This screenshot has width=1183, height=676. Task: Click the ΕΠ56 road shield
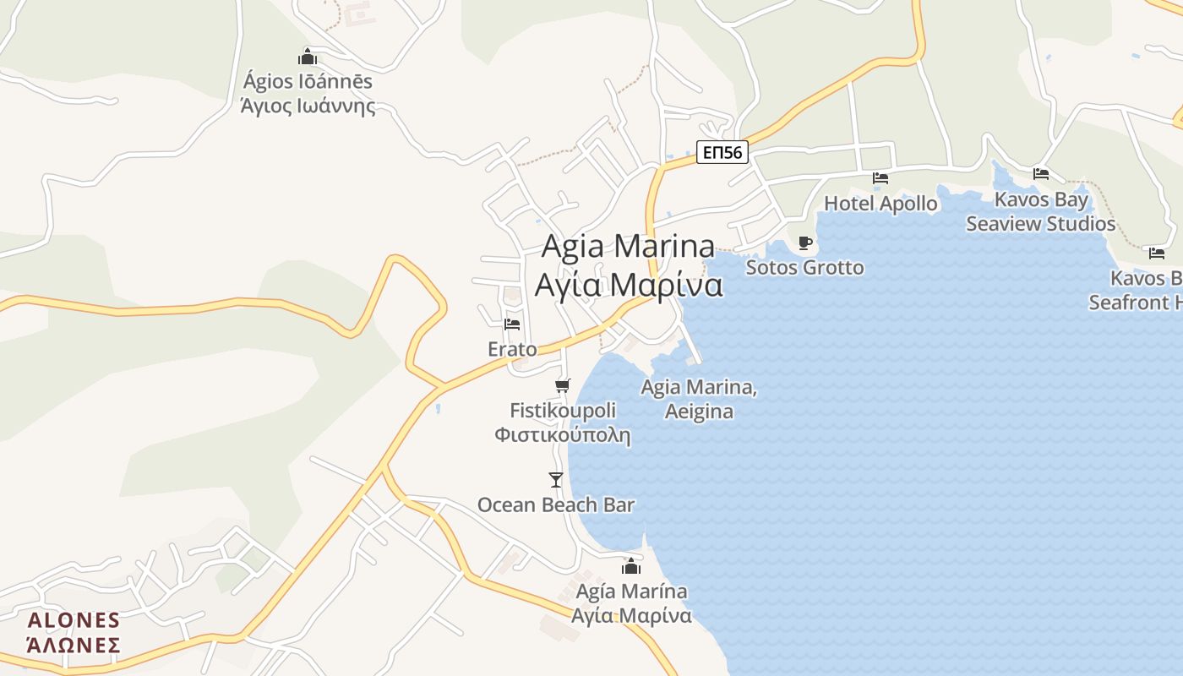click(723, 153)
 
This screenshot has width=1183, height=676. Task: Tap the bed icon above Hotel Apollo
click(880, 178)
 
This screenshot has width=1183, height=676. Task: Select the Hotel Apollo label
click(880, 204)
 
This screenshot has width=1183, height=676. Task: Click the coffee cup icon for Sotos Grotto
click(805, 243)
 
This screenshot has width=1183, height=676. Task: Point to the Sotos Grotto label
click(804, 268)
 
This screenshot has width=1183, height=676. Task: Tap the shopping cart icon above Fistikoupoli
click(562, 386)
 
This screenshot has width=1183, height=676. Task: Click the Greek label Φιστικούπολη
click(562, 435)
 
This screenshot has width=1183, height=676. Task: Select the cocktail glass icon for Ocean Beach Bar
click(555, 480)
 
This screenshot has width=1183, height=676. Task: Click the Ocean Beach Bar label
click(555, 505)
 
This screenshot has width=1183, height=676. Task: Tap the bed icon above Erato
click(512, 324)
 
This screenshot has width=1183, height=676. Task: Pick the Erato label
click(512, 349)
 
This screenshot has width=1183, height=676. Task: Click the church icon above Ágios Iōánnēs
click(308, 57)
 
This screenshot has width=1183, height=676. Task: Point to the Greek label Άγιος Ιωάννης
click(308, 106)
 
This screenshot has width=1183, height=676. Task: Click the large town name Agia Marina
click(628, 247)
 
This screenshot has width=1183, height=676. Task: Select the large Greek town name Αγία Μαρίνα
click(628, 285)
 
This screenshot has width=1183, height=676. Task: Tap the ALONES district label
click(74, 621)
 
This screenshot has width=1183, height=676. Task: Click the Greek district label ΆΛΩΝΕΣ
click(74, 646)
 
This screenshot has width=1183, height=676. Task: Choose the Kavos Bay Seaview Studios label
click(1041, 212)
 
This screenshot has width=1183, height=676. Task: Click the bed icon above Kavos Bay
click(1041, 174)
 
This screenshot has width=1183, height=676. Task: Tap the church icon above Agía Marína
click(631, 567)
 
